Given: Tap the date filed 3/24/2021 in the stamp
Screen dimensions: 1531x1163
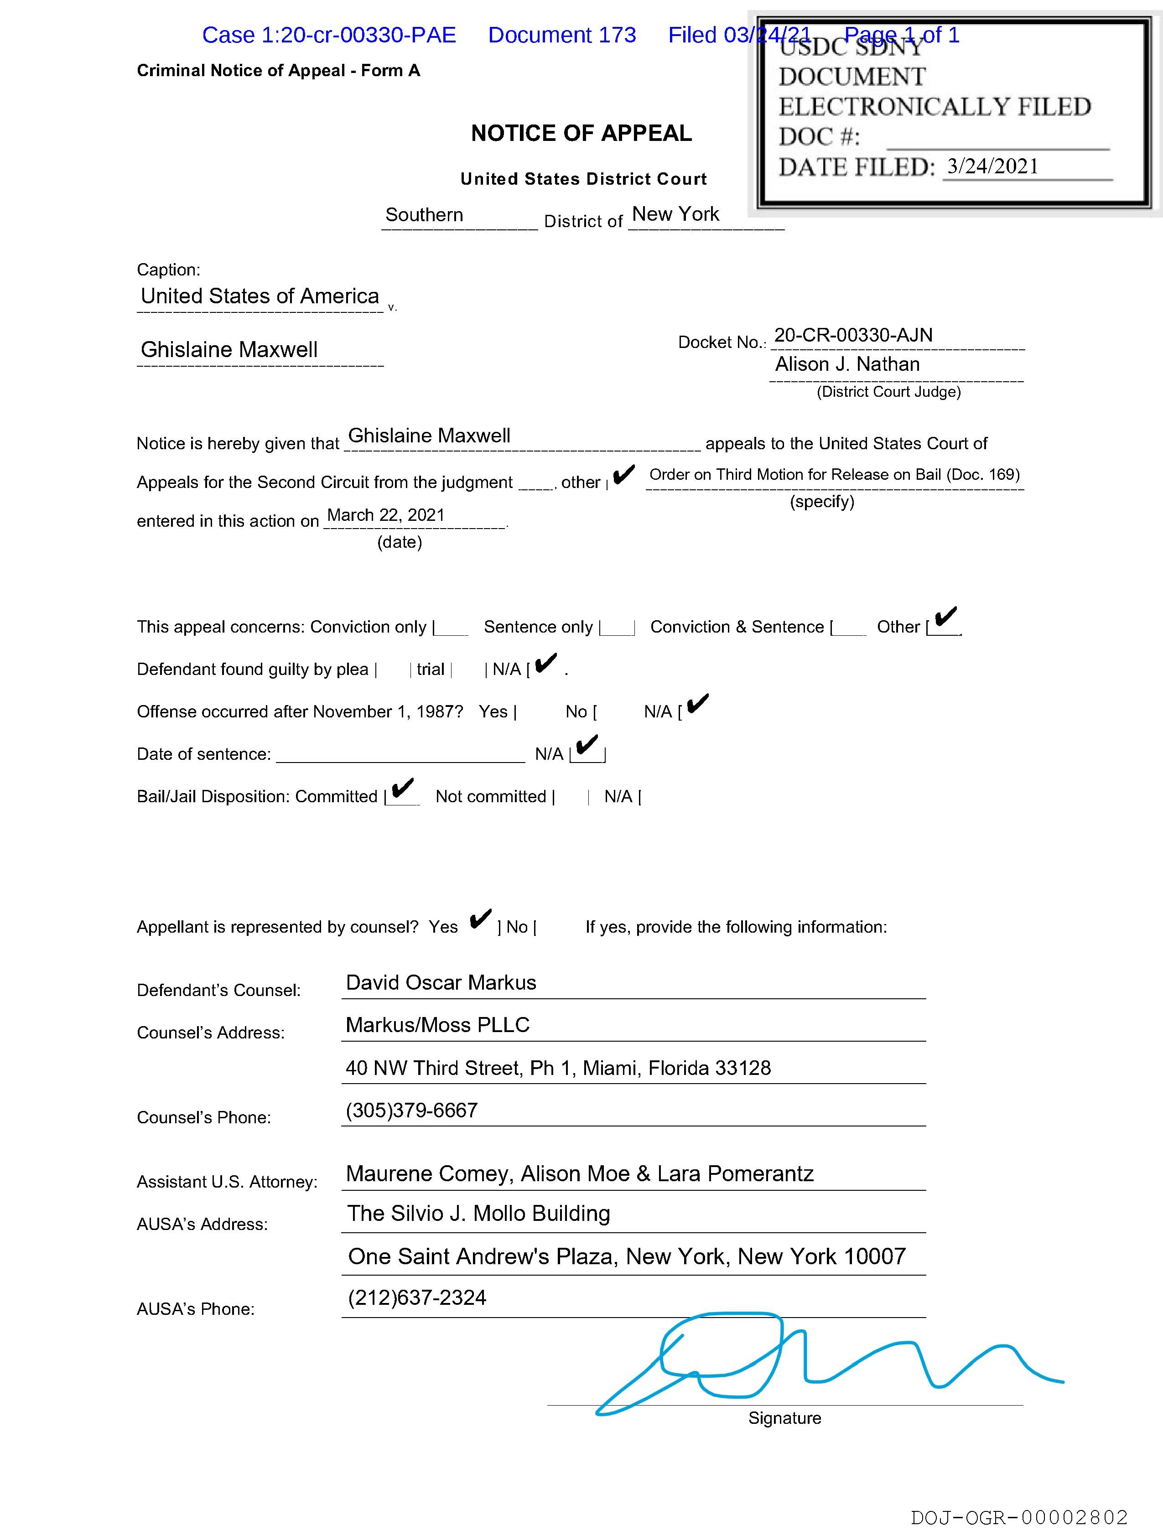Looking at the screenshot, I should coord(993,166).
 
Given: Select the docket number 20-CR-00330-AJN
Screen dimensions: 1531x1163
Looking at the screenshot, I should coord(853,335).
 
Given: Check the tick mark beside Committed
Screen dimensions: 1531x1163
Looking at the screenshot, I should coord(402,789).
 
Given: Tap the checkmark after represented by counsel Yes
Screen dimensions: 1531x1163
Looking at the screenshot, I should coord(480,919).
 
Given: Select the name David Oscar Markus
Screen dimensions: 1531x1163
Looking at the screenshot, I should coord(441,982).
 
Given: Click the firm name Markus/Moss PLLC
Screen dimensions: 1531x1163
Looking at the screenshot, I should coord(437,1025).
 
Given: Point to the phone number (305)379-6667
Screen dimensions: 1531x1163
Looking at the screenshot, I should coord(411,1110).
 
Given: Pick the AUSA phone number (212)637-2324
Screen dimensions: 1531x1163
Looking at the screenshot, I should coord(417,1297).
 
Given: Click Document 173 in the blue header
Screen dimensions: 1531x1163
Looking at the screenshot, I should coord(561,35).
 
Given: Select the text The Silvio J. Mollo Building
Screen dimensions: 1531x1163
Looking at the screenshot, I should coord(478,1213).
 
